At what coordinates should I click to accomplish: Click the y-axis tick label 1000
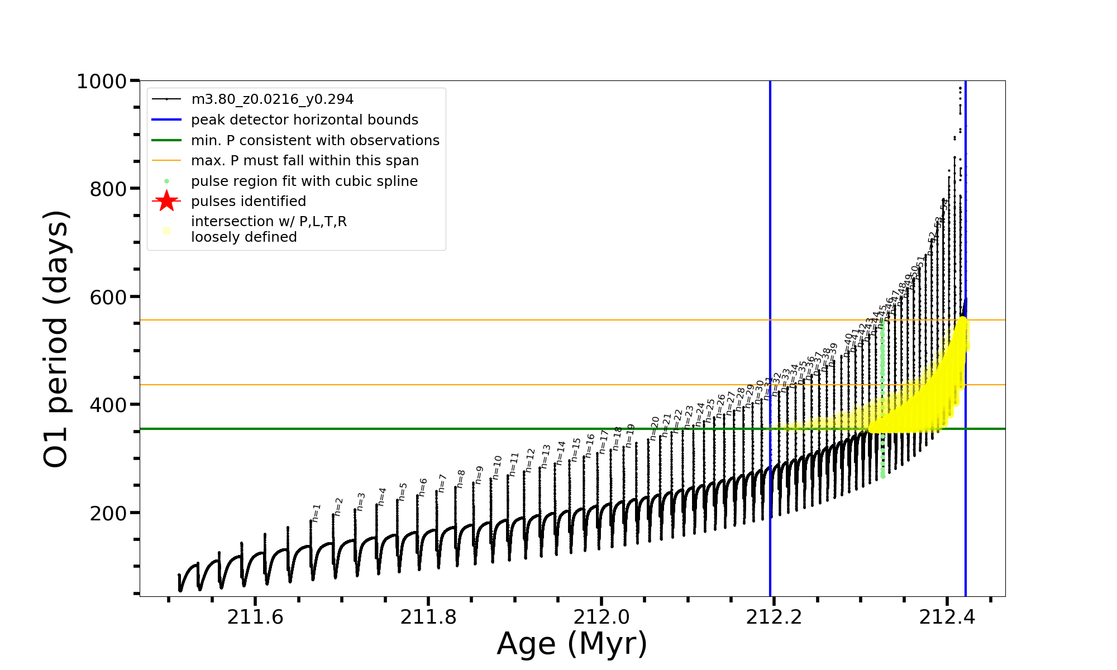101,82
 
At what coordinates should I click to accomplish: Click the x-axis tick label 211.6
255,617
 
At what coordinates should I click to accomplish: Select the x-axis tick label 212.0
601,617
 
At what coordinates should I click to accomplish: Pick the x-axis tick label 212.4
947,617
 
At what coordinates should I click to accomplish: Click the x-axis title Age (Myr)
572,644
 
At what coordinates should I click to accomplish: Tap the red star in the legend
166,202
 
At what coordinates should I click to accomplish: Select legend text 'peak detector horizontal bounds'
304,120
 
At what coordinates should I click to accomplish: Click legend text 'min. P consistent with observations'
315,141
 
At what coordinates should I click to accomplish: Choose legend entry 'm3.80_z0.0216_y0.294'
272,99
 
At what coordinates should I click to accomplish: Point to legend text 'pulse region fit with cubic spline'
304,181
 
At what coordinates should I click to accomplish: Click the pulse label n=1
316,513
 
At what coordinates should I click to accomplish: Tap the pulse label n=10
497,467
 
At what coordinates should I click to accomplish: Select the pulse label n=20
655,428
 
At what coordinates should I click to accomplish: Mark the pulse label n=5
403,491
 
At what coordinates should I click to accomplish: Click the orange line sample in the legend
166,161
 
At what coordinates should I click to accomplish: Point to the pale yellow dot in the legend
166,231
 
